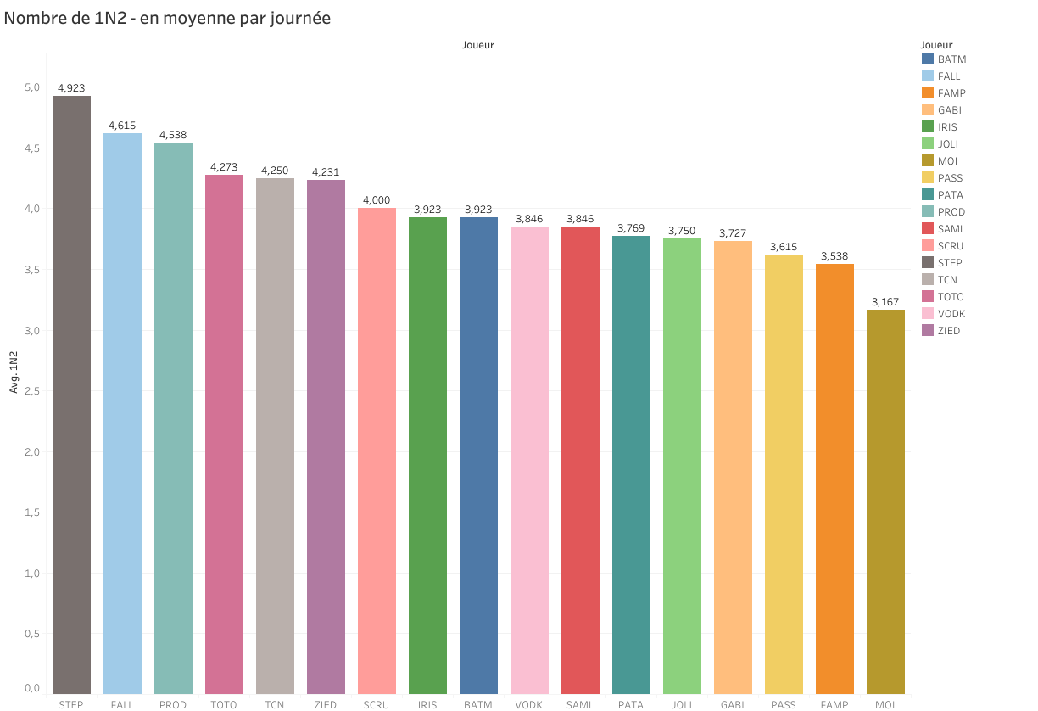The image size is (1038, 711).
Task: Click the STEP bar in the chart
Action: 71,395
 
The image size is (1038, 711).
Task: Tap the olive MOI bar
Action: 885,501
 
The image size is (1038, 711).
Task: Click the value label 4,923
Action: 71,87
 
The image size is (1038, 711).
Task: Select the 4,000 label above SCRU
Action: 377,200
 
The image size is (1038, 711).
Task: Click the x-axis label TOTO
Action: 224,705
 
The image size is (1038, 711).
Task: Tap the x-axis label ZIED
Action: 326,705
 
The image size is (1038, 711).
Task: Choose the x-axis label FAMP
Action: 834,705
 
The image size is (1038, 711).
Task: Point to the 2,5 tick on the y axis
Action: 31,391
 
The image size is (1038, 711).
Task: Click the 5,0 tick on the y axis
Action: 31,87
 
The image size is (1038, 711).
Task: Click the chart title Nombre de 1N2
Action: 167,18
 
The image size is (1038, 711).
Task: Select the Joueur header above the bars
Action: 478,45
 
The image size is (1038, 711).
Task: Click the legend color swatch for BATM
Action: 928,59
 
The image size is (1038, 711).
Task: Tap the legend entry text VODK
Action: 951,314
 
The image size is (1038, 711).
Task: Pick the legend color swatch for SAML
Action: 928,229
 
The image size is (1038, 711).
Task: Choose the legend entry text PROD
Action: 951,212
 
